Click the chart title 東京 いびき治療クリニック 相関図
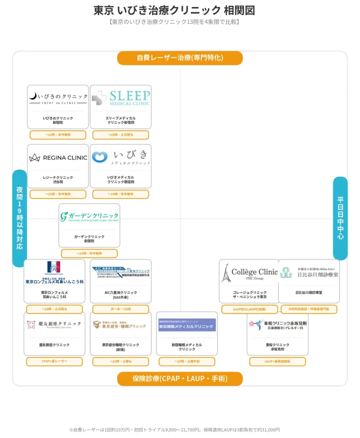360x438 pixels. coord(174,10)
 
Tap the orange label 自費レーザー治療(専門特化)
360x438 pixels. coord(180,58)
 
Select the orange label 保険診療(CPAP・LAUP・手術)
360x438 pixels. coord(180,379)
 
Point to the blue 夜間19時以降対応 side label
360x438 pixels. coord(20,218)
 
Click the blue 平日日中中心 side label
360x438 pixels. coord(340,218)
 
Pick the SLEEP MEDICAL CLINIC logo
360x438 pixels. coord(121,98)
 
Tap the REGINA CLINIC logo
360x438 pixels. coord(58,157)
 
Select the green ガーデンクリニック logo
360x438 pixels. coord(89,216)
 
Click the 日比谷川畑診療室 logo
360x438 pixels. coord(309,272)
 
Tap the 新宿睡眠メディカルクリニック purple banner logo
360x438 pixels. coord(187,326)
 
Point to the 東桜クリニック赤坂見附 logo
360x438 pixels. coord(277,325)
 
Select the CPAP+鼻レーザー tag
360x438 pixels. coord(54,361)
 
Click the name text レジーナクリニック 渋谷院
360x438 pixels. coord(58,180)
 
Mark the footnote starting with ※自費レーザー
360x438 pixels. coord(174,429)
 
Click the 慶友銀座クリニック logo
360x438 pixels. coord(54,325)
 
